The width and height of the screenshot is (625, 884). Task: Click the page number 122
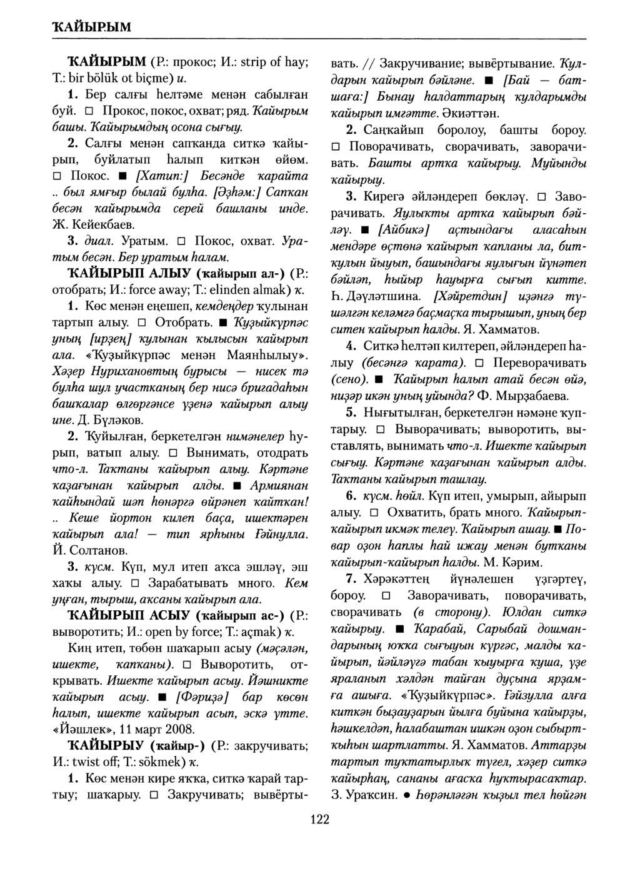[319, 820]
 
